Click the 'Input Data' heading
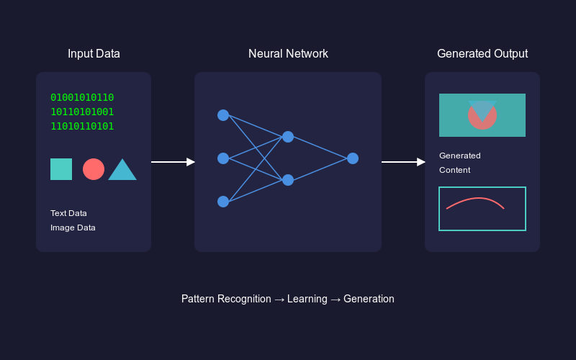click(94, 54)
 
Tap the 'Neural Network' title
click(288, 54)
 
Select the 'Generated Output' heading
click(482, 54)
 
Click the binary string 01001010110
click(82, 98)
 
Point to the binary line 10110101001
click(82, 112)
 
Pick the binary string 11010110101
click(82, 127)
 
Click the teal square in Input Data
click(61, 169)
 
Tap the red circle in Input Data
click(94, 169)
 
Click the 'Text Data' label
click(68, 213)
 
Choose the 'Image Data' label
click(73, 228)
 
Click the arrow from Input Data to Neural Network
click(173, 162)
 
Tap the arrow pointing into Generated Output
click(403, 162)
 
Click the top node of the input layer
click(223, 115)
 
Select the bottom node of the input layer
click(223, 202)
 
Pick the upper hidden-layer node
click(288, 137)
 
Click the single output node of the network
click(353, 158)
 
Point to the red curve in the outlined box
click(475, 199)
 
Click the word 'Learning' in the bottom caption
click(307, 299)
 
